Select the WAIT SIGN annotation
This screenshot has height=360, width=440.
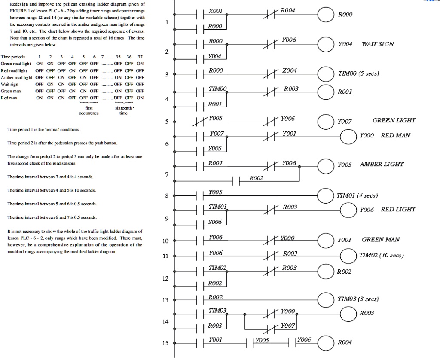pyautogui.click(x=378, y=44)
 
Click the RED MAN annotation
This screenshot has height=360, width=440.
pyautogui.click(x=395, y=135)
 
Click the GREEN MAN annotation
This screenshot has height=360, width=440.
pyautogui.click(x=381, y=240)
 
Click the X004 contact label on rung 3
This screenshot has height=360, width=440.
pyautogui.click(x=290, y=70)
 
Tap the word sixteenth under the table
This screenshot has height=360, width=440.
pyautogui.click(x=125, y=109)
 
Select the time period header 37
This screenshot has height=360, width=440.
pyautogui.click(x=141, y=57)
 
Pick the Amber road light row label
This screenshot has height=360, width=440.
pyautogui.click(x=16, y=78)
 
